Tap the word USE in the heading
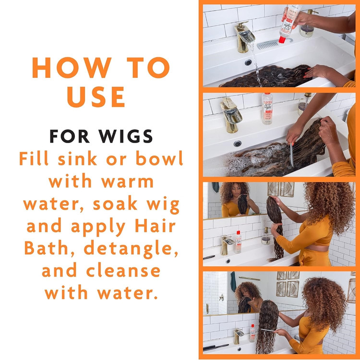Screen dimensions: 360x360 tap(96, 96)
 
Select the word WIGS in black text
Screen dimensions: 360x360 tap(126, 136)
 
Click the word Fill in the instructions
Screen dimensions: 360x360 tap(34, 158)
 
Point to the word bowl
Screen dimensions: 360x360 tap(159, 158)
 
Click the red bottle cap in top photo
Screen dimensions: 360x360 tap(282, 40)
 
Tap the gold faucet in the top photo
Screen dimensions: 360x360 tap(244, 36)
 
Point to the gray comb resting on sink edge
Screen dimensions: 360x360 tap(273, 43)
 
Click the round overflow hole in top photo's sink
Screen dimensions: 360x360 tap(248, 62)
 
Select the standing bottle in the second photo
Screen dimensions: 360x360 tap(267, 108)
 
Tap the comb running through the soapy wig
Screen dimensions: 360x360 tap(291, 155)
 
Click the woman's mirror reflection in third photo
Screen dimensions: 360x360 tap(237, 199)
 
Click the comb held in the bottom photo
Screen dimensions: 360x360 tap(268, 330)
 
